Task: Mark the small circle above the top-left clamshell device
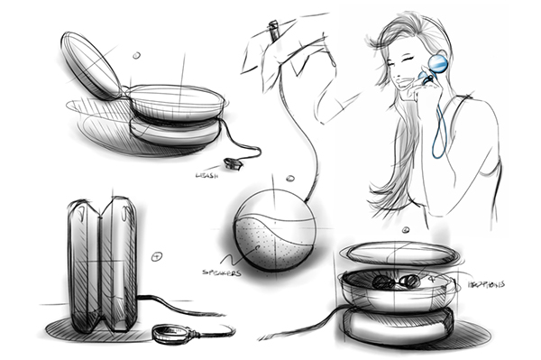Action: pyautogui.click(x=136, y=55)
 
